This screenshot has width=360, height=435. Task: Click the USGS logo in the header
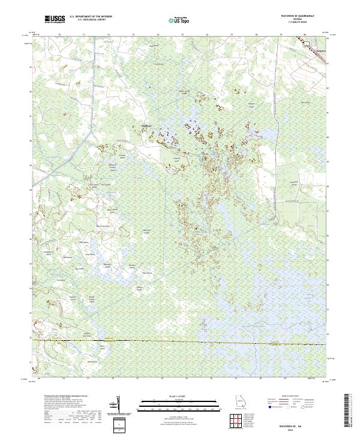click(55, 20)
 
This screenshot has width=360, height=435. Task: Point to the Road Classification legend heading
click(288, 397)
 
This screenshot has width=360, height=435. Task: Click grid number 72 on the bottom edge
click(113, 379)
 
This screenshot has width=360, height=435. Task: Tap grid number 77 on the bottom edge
click(236, 379)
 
